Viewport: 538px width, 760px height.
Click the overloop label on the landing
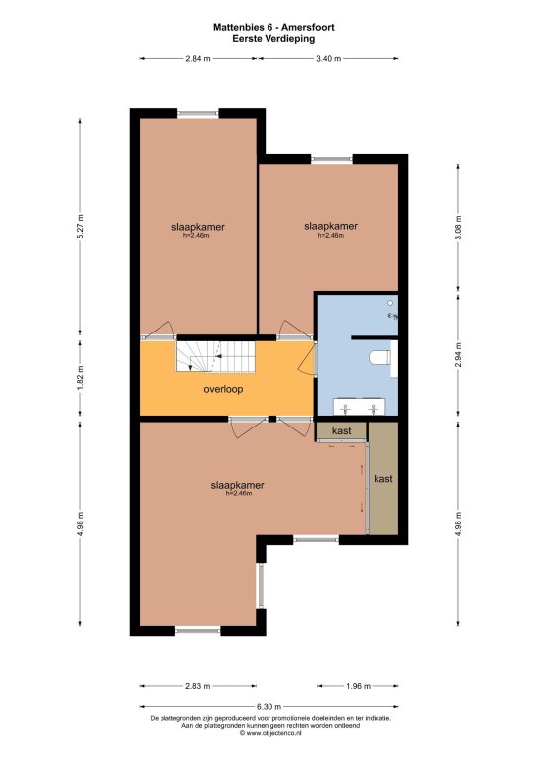click(223, 389)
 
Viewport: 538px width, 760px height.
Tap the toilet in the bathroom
click(379, 358)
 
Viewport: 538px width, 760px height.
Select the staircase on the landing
click(215, 356)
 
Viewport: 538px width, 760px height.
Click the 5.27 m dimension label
click(81, 227)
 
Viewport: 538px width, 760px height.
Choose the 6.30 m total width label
click(269, 707)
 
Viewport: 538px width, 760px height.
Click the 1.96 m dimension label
click(358, 686)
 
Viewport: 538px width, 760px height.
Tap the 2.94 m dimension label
click(459, 355)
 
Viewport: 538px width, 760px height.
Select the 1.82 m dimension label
click(81, 377)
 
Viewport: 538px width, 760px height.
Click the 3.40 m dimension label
click(328, 59)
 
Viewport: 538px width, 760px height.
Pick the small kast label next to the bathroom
click(342, 430)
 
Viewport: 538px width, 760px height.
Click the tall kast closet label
click(383, 479)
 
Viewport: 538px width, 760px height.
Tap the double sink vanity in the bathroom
click(360, 407)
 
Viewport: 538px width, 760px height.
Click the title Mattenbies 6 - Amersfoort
click(273, 27)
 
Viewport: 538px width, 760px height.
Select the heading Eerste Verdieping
click(273, 39)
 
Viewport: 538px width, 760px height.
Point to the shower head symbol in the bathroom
click(390, 303)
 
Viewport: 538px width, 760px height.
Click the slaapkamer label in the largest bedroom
click(237, 485)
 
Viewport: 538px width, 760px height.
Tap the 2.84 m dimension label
click(198, 59)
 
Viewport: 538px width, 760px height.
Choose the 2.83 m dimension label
click(198, 686)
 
